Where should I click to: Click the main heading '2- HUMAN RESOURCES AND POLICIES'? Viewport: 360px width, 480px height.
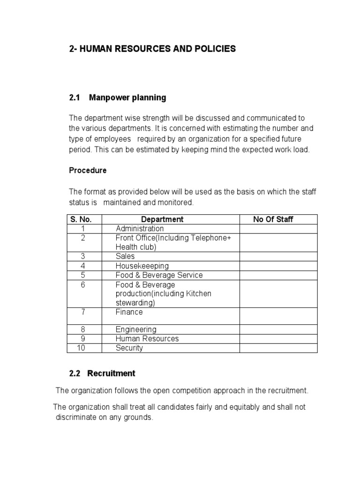pyautogui.click(x=152, y=49)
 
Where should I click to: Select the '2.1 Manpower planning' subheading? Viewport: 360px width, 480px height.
pyautogui.click(x=117, y=98)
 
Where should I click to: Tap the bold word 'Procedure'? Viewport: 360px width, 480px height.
pyautogui.click(x=88, y=171)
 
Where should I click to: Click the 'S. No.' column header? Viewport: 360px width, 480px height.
pyautogui.click(x=81, y=219)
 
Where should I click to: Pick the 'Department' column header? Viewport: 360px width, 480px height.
pyautogui.click(x=162, y=219)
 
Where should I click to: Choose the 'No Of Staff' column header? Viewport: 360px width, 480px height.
pyautogui.click(x=273, y=219)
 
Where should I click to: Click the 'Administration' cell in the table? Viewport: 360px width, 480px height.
pyautogui.click(x=140, y=229)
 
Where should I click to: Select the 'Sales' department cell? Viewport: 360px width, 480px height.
pyautogui.click(x=125, y=256)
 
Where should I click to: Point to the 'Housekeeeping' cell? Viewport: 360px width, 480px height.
pyautogui.click(x=142, y=266)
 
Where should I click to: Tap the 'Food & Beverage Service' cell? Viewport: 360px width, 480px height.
pyautogui.click(x=159, y=275)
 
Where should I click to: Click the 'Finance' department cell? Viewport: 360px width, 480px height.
pyautogui.click(x=129, y=312)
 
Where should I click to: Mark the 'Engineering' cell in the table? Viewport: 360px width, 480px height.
pyautogui.click(x=136, y=330)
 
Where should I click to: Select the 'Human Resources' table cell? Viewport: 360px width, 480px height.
pyautogui.click(x=147, y=339)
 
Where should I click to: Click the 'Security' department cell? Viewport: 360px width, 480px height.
pyautogui.click(x=129, y=348)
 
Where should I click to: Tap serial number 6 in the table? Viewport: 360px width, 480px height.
pyautogui.click(x=83, y=285)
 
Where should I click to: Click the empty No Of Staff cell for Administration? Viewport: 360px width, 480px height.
pyautogui.click(x=278, y=229)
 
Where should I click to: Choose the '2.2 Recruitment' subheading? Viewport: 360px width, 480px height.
pyautogui.click(x=102, y=374)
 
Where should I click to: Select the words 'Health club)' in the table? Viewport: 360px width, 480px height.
pyautogui.click(x=136, y=247)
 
